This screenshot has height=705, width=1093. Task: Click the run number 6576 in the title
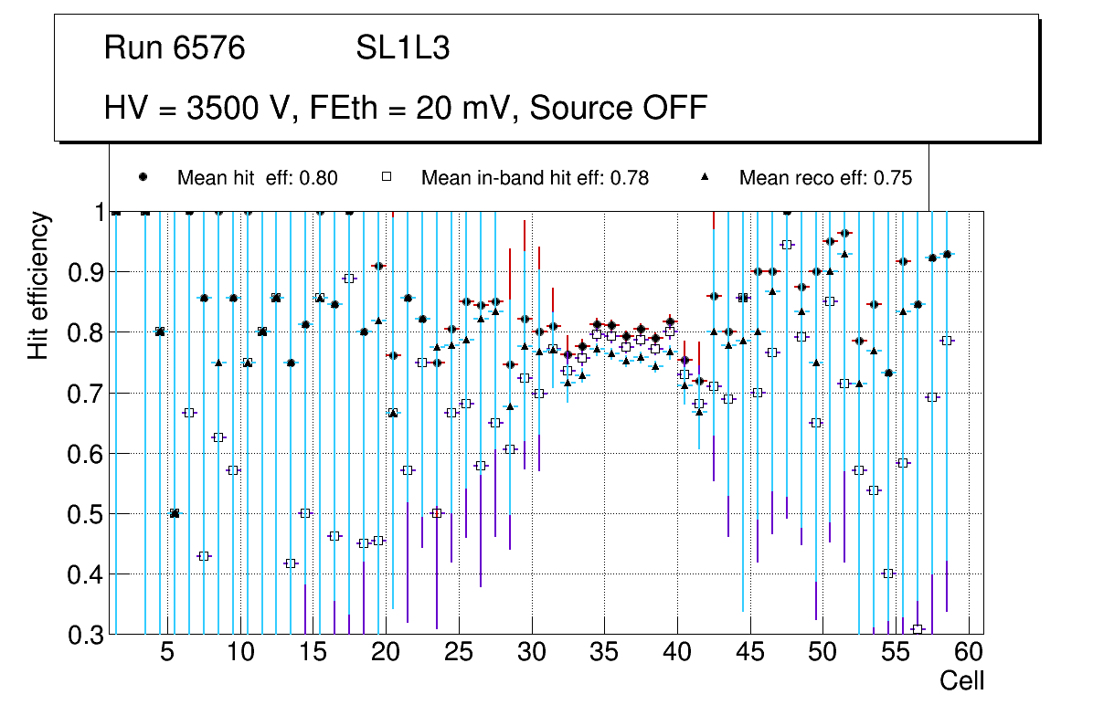pyautogui.click(x=209, y=48)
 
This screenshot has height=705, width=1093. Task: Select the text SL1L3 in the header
pyautogui.click(x=403, y=48)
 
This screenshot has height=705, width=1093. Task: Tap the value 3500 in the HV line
pyautogui.click(x=223, y=108)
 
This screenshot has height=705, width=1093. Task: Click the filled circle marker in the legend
pyautogui.click(x=143, y=177)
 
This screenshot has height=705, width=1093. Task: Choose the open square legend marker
pyautogui.click(x=387, y=177)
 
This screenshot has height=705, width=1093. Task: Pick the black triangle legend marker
pyautogui.click(x=705, y=177)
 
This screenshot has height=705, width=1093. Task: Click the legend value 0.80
pyautogui.click(x=320, y=178)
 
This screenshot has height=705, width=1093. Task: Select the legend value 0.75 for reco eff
pyautogui.click(x=894, y=178)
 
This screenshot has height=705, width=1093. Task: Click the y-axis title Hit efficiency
pyautogui.click(x=38, y=285)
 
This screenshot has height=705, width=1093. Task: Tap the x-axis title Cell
pyautogui.click(x=961, y=681)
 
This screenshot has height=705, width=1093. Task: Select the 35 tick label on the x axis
pyautogui.click(x=604, y=654)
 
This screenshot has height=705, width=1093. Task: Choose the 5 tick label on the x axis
pyautogui.click(x=166, y=654)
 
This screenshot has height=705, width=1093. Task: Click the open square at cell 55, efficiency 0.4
pyautogui.click(x=887, y=573)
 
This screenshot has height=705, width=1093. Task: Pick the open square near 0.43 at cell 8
pyautogui.click(x=204, y=556)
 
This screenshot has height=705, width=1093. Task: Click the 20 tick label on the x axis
pyautogui.click(x=386, y=654)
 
